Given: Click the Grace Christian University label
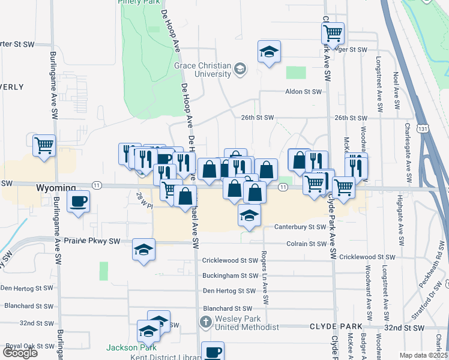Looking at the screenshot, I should (202, 70).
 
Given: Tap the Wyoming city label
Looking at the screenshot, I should (56, 188).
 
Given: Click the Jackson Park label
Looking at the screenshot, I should (131, 347).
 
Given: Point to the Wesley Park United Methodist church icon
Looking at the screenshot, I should (206, 323).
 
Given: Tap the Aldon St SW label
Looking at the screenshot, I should (303, 92).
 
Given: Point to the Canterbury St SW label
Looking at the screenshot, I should (300, 227).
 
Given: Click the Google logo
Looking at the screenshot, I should (20, 353).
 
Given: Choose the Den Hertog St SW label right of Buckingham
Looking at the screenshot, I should (230, 290).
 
